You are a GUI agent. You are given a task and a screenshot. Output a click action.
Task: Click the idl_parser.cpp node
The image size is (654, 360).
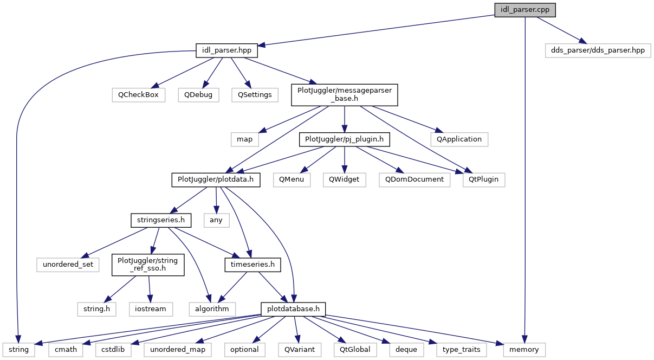525,10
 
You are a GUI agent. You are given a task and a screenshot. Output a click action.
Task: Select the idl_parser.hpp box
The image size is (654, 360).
226,52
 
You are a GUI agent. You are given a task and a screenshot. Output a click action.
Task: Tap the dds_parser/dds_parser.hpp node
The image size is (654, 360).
598,50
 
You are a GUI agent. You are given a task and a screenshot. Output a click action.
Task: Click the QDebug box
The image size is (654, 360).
198,94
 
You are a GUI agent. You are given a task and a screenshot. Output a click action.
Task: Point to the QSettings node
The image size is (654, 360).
255,94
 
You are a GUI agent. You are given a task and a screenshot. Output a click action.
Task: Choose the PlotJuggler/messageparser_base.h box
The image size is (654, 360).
345,94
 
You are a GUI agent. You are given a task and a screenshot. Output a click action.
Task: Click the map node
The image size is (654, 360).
244,139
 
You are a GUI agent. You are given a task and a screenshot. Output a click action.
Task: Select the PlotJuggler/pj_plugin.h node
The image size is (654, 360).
345,139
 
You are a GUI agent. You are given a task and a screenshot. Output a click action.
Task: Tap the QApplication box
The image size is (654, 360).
459,139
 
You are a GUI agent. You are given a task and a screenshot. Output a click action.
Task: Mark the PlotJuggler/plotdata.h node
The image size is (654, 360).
216,179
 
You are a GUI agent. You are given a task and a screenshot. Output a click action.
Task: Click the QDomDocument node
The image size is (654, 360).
414,179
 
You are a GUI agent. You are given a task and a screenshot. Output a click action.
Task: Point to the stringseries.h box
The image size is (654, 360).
161,221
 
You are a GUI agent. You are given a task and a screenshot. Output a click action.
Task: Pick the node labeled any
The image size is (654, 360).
216,221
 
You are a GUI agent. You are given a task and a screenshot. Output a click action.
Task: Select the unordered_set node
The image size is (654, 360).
68,265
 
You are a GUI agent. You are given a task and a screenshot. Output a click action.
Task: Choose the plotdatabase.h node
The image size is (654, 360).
293,309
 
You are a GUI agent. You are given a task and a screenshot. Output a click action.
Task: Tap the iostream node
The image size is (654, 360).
151,309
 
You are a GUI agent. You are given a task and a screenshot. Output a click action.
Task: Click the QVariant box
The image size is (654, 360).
296,350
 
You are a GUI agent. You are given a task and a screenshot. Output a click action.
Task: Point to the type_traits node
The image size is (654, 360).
462,350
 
